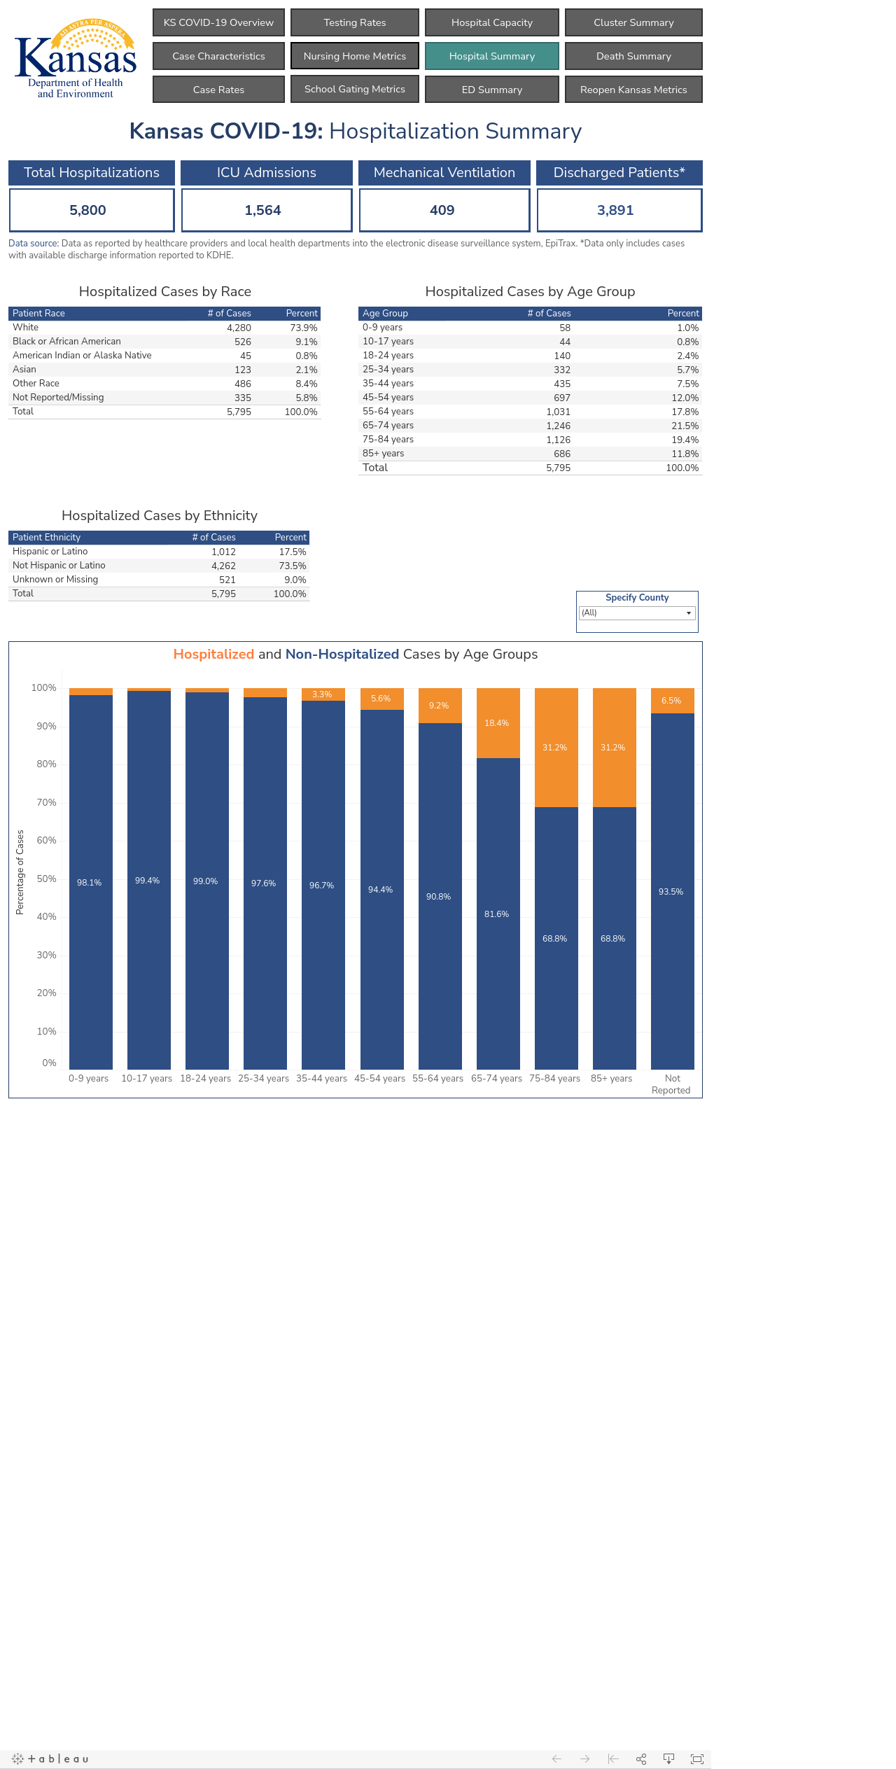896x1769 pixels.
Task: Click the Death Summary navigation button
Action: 633,56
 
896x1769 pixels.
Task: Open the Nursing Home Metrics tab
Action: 355,56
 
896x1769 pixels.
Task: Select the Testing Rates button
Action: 355,22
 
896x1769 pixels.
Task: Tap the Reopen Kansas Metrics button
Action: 633,90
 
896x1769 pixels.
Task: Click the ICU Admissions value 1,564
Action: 263,210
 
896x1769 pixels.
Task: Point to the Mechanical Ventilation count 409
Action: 442,210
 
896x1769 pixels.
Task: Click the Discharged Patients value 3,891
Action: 615,210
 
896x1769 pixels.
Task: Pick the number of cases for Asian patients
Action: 243,370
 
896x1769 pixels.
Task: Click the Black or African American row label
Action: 66,342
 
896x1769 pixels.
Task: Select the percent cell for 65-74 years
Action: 685,426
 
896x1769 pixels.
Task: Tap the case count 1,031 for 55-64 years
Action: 559,412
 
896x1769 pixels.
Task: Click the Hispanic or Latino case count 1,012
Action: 224,552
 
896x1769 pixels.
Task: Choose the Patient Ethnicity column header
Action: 46,538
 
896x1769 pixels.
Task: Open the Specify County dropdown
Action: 637,613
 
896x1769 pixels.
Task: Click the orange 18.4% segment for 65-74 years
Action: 498,723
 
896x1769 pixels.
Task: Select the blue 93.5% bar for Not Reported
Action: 673,891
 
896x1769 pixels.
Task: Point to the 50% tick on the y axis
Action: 47,879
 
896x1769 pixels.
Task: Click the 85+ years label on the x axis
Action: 612,1079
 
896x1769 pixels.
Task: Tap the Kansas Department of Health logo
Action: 76,59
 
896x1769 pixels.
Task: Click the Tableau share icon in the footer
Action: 641,1758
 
